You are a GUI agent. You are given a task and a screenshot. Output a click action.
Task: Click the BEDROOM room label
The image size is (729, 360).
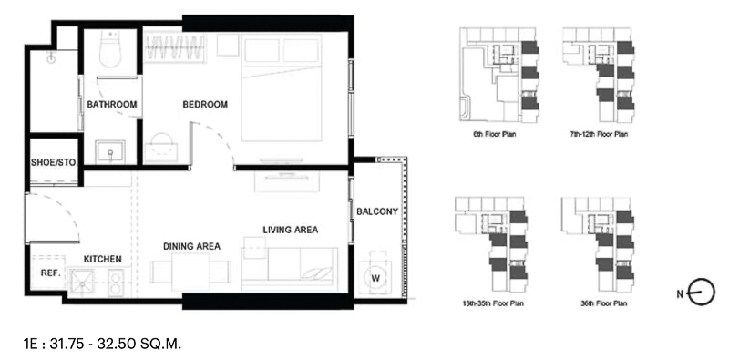205,105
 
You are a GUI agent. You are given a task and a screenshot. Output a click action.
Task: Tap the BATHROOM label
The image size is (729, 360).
112,105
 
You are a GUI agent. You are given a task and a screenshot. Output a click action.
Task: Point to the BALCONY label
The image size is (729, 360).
377,211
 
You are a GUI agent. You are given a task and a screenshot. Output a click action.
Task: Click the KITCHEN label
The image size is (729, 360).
103,259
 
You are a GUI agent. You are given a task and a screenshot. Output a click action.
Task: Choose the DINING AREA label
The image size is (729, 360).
191,246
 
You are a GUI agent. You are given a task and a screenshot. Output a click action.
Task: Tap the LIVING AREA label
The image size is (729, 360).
291,230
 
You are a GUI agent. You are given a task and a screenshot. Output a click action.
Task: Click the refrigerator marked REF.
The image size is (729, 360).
48,273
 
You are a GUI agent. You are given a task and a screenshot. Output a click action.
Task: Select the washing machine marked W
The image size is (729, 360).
375,278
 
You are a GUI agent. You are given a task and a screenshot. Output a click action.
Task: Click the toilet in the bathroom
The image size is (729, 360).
110,50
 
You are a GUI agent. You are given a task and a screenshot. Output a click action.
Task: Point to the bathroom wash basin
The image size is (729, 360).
110,151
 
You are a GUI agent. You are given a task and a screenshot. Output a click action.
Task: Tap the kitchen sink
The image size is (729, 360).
81,282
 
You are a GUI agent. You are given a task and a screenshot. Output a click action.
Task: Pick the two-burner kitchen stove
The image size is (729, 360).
115,283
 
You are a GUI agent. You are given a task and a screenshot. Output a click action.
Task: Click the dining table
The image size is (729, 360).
190,272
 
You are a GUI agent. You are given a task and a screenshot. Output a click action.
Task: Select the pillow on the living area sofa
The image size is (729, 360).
317,273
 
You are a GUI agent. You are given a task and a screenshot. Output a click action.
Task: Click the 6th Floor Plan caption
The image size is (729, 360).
495,134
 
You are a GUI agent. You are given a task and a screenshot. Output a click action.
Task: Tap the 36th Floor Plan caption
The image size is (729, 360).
603,303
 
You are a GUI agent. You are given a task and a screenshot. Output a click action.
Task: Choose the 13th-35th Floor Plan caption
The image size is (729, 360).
493,303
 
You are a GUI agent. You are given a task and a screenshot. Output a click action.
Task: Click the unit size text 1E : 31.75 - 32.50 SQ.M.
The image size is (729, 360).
102,344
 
